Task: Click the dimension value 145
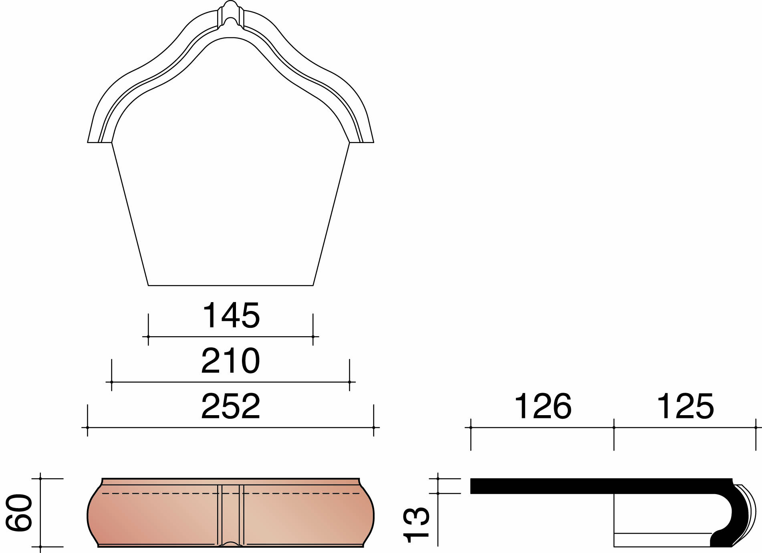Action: [x=231, y=315]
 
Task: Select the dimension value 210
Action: [x=231, y=361]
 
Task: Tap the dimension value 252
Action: [x=231, y=406]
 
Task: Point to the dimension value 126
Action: [x=542, y=406]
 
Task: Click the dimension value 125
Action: [x=685, y=406]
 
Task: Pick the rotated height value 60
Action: [x=19, y=513]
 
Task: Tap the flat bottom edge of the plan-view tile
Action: [x=231, y=285]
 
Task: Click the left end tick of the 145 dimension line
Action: [x=148, y=337]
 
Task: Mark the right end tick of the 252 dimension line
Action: [x=374, y=428]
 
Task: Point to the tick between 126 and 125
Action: [x=614, y=428]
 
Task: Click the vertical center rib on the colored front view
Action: [x=231, y=513]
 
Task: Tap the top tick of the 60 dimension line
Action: [x=40, y=478]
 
